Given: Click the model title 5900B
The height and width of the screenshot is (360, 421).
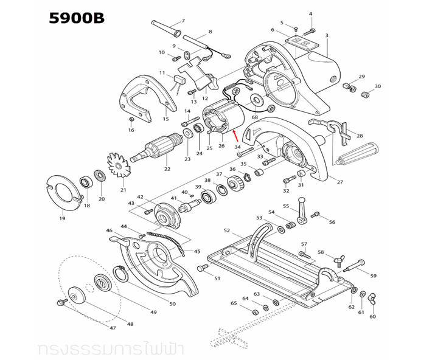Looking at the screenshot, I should pyautogui.click(x=77, y=19).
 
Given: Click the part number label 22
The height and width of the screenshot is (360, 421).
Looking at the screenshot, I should pyautogui.click(x=167, y=168).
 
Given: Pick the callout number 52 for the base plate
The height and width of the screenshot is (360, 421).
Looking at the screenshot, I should pyautogui.click(x=226, y=230).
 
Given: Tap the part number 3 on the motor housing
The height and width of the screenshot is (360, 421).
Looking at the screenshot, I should pyautogui.click(x=327, y=36).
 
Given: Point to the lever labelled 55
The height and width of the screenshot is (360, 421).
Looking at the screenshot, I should pyautogui.click(x=301, y=210).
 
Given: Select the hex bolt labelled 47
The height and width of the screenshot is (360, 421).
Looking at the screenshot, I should pyautogui.click(x=61, y=302).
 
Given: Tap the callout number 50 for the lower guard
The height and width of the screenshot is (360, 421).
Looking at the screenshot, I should pyautogui.click(x=172, y=303).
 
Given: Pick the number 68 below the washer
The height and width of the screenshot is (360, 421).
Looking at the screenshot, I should pyautogui.click(x=255, y=117).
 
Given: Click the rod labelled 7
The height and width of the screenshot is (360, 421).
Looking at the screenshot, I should pyautogui.click(x=167, y=28).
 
